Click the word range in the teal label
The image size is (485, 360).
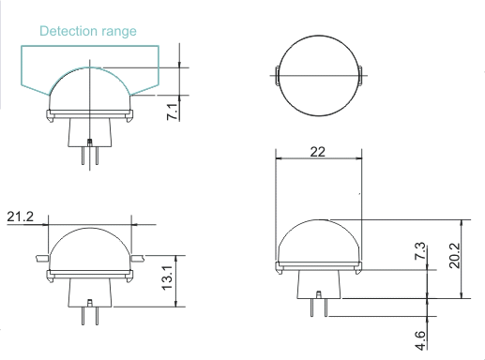coord(119,32)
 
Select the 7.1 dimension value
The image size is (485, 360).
coord(173,112)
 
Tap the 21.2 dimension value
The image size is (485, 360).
coord(20,217)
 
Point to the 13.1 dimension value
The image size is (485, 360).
coord(167,277)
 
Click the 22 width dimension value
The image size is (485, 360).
coord(318,152)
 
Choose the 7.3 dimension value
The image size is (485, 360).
coord(420,250)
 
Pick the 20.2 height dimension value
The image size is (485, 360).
coord(455,256)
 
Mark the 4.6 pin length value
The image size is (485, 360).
coord(420,340)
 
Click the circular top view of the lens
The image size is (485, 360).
coord(319,75)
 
